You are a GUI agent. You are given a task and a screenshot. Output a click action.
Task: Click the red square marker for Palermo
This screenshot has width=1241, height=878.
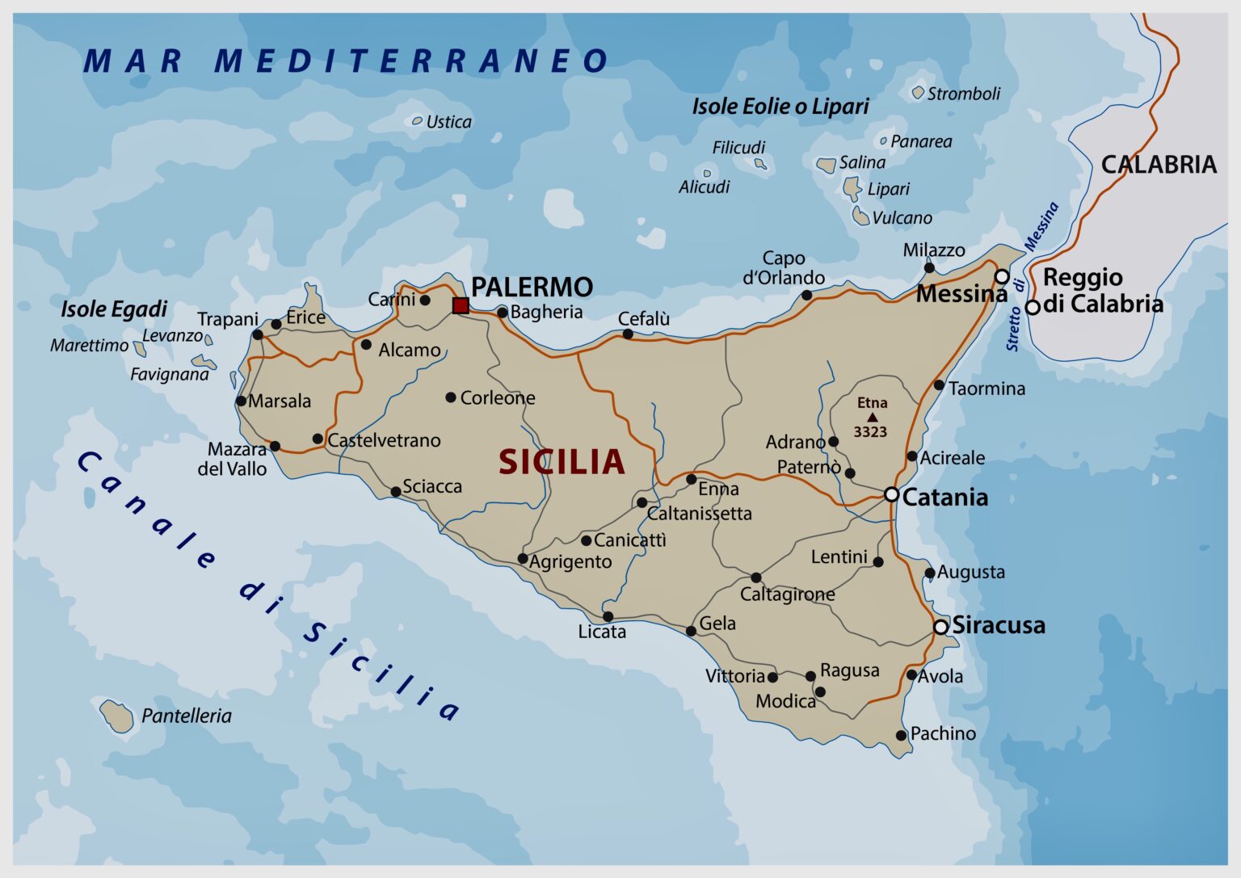(461, 305)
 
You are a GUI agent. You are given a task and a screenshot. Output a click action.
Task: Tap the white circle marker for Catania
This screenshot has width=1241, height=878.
(891, 494)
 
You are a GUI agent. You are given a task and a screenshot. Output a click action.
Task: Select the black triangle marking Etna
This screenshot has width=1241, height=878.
(872, 417)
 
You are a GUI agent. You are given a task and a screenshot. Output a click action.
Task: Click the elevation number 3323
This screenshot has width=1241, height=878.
(870, 432)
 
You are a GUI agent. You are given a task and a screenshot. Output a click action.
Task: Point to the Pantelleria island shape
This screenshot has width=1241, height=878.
(117, 716)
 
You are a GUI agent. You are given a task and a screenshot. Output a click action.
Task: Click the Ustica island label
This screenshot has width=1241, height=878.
(448, 122)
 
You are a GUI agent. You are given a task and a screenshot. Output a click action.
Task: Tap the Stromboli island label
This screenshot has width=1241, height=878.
(963, 94)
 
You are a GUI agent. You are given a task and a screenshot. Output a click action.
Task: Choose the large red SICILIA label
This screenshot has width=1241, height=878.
(562, 462)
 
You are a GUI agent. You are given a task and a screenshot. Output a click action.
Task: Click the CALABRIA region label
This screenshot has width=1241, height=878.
(1159, 165)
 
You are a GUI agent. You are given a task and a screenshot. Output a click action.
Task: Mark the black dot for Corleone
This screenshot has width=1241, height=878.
(451, 397)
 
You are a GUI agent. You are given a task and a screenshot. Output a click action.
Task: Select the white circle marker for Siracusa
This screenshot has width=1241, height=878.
(940, 627)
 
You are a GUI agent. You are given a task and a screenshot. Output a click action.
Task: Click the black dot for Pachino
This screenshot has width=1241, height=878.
(901, 735)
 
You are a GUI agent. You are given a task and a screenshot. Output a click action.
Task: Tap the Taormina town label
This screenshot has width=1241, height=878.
(986, 389)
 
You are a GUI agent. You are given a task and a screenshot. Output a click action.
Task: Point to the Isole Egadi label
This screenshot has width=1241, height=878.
(114, 309)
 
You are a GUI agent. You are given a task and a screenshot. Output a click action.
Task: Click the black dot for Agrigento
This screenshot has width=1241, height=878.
(523, 558)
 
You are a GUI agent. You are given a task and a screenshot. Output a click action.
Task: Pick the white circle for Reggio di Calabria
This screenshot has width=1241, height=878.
(1032, 307)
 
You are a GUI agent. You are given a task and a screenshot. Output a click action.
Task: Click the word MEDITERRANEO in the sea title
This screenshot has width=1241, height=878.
(411, 61)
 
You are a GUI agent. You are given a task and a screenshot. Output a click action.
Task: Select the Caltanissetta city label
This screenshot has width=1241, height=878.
(699, 514)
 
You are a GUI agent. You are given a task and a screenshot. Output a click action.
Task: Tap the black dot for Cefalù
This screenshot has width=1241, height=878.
(628, 334)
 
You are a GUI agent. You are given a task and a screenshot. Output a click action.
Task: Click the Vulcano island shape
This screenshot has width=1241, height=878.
(861, 216)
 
